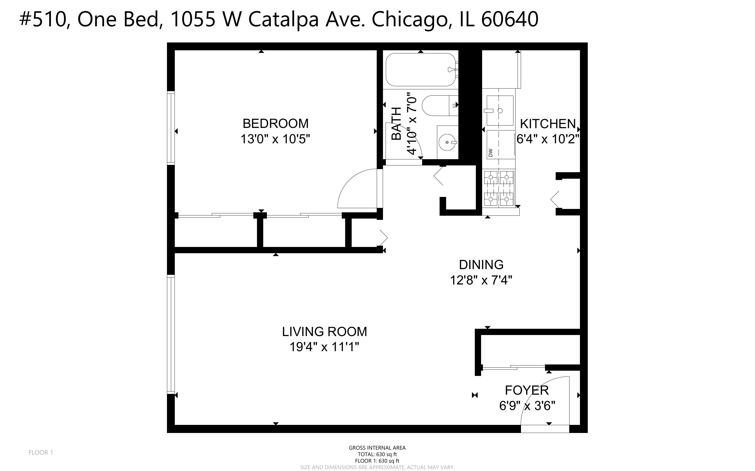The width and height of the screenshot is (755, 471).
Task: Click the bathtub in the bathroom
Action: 420,70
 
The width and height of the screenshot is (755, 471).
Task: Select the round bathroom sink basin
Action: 447,142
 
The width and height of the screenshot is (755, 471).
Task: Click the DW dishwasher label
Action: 490,152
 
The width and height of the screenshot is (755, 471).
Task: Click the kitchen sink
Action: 500,110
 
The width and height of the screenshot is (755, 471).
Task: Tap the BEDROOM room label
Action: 275,124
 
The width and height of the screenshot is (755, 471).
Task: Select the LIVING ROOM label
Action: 324,332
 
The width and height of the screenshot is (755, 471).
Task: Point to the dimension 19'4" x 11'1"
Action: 324,347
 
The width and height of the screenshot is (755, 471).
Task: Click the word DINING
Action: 481,265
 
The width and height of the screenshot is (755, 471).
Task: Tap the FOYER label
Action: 527,390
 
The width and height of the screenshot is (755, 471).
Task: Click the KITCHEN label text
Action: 548,124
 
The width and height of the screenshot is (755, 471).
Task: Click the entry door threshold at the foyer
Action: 545,429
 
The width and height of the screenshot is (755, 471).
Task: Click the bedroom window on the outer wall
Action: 171,128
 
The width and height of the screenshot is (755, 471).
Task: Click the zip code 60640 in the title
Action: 510,19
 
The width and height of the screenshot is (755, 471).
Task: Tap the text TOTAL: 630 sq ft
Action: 377,454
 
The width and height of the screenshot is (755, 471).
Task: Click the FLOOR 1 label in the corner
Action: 41,452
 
